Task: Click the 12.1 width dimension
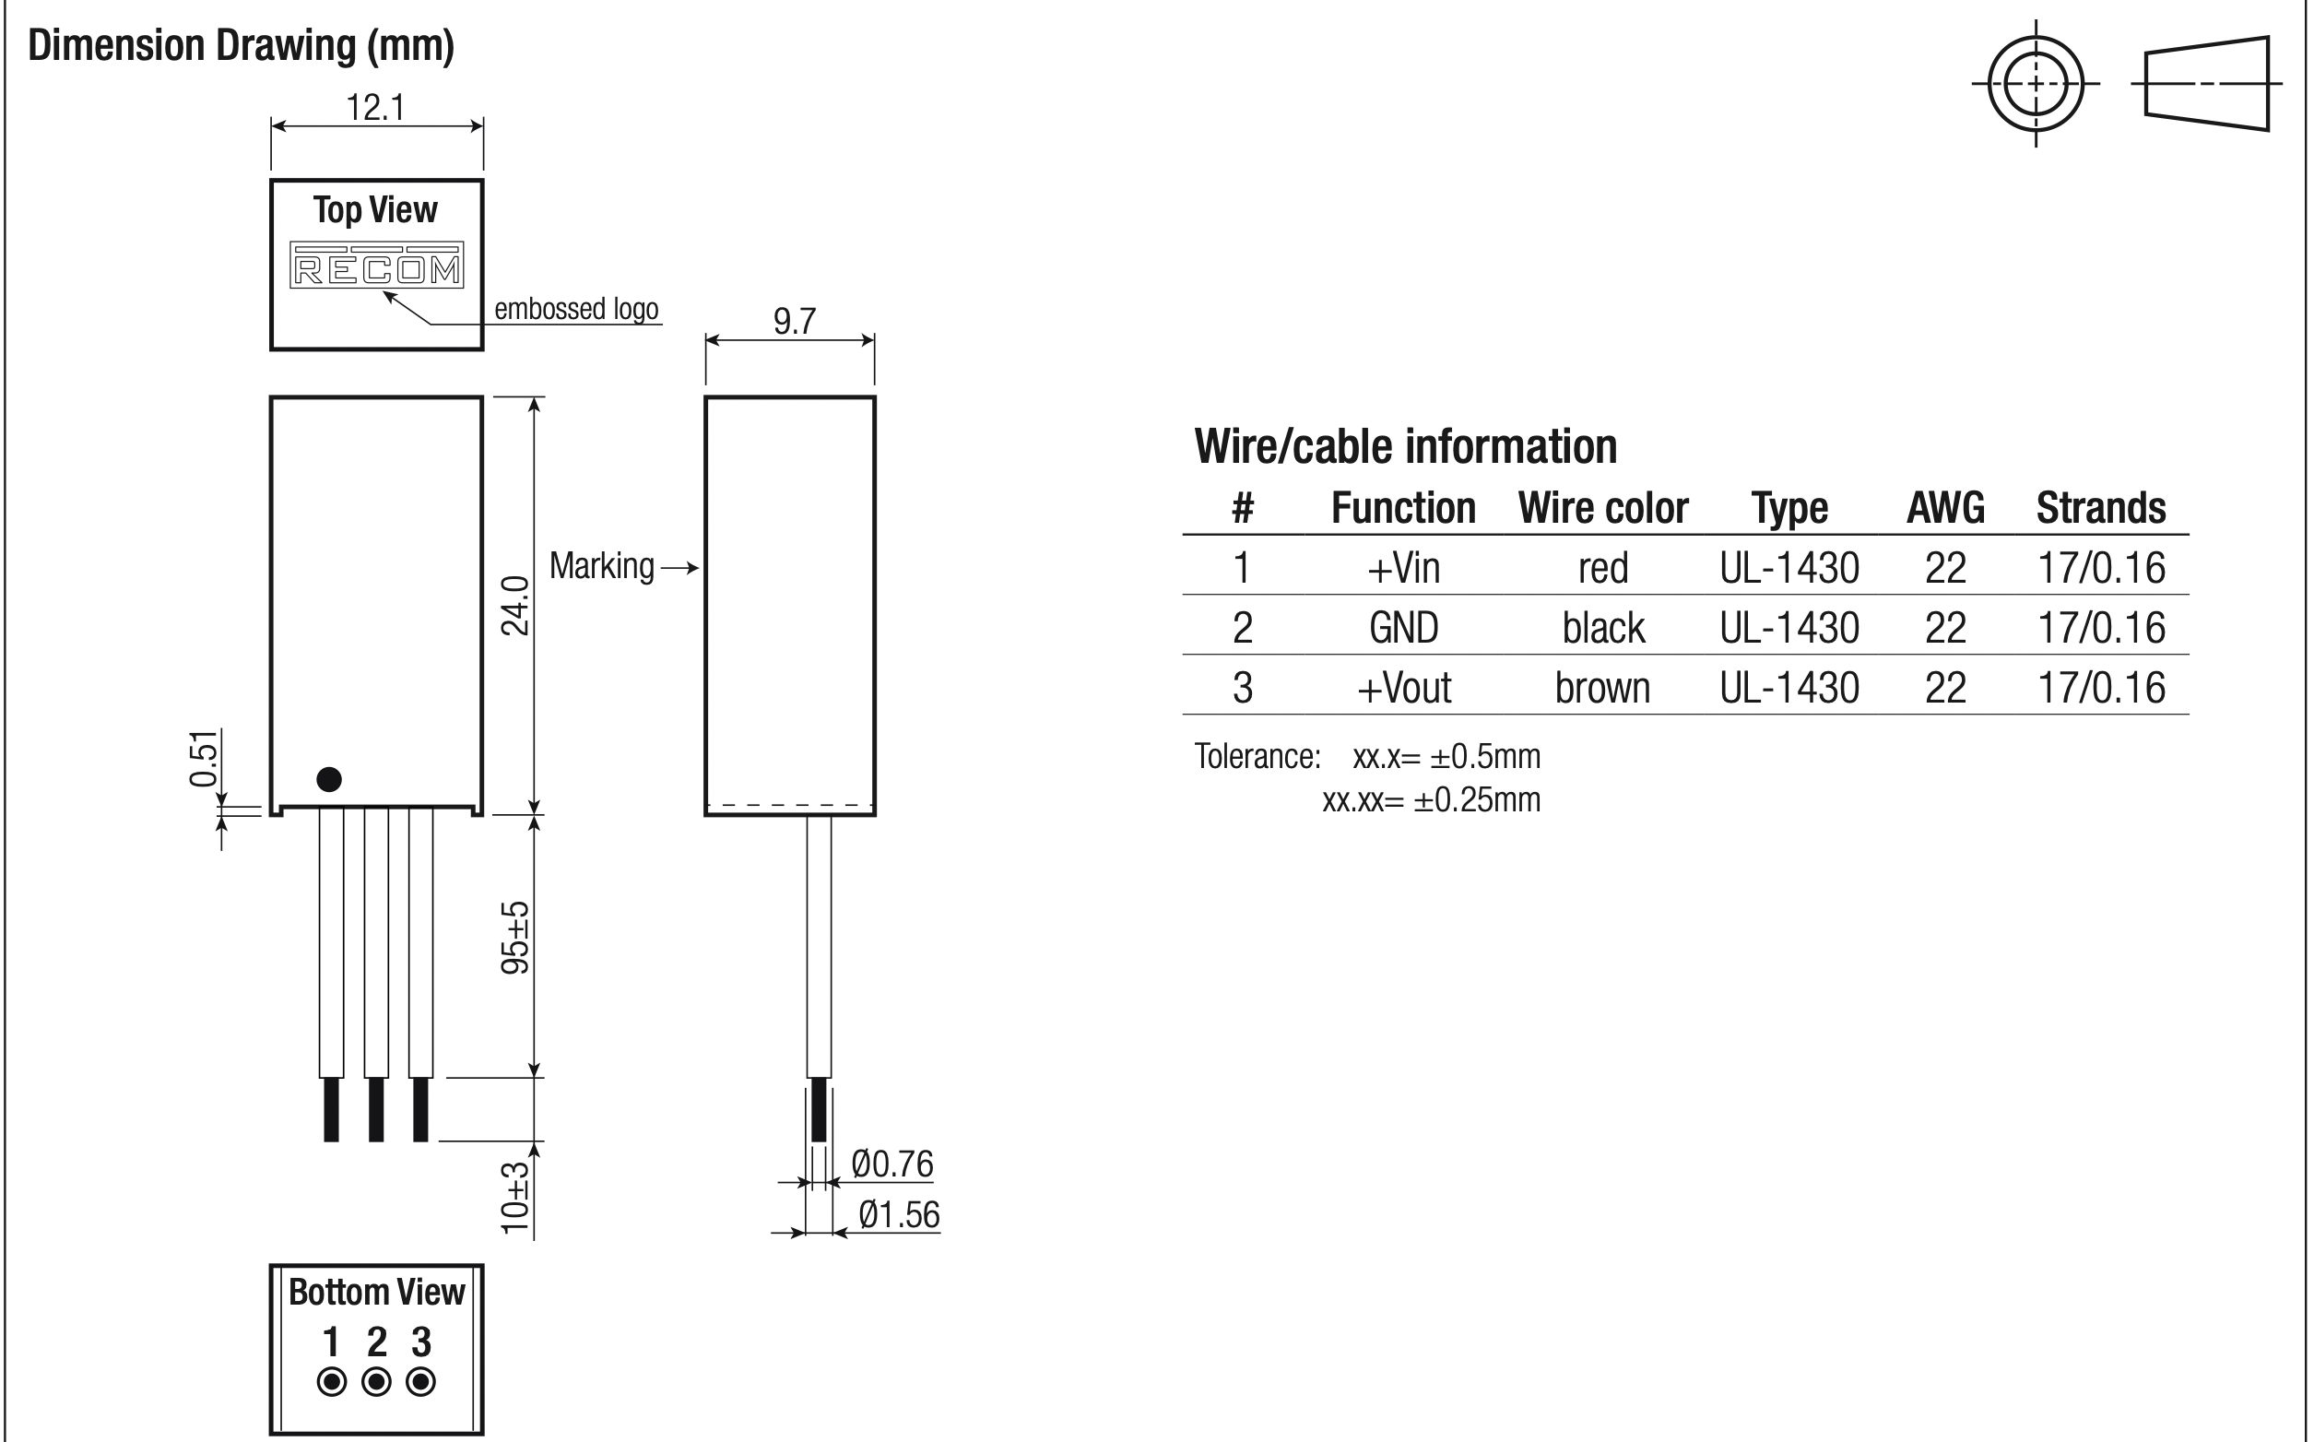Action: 375,108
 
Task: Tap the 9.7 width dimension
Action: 794,322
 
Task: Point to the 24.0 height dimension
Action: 514,606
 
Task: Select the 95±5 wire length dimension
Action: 514,938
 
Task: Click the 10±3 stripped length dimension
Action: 514,1198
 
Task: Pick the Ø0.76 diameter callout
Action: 892,1164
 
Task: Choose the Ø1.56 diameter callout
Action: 899,1215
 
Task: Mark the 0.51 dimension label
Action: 204,759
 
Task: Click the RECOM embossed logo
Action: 377,266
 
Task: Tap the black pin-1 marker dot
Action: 329,779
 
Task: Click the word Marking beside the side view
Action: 602,566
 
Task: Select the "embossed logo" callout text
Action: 577,309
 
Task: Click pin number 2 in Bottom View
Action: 377,1342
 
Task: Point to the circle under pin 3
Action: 421,1382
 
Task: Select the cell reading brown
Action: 1602,688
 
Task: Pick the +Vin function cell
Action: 1403,568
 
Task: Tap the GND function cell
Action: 1403,629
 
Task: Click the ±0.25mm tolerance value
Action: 1477,800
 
